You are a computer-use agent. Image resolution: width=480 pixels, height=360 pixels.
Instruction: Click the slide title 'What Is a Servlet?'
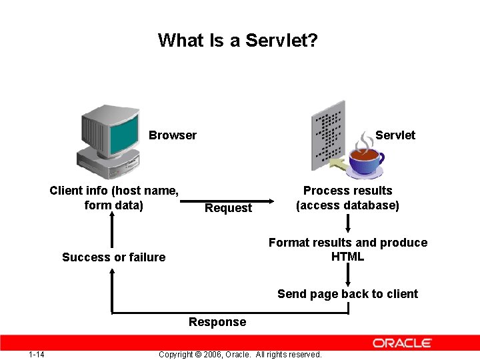click(x=238, y=41)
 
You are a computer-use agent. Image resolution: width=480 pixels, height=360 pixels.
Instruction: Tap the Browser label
click(x=173, y=135)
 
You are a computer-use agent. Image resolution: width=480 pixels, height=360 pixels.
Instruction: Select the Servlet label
click(x=395, y=135)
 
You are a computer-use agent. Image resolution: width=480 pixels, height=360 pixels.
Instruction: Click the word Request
click(x=228, y=208)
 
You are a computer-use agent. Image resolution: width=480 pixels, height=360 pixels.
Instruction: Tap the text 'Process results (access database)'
click(x=347, y=198)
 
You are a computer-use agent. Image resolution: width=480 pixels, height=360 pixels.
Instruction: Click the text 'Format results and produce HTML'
click(x=347, y=249)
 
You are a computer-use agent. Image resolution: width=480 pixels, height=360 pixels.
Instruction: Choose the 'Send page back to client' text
click(x=347, y=294)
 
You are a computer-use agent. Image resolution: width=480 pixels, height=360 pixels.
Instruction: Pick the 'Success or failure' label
click(x=113, y=257)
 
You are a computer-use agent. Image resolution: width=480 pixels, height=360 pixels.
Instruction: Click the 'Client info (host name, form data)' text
click(x=114, y=198)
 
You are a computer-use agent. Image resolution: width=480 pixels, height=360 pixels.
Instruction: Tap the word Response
click(x=217, y=322)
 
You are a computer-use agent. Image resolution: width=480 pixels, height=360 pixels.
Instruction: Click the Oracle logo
click(x=402, y=343)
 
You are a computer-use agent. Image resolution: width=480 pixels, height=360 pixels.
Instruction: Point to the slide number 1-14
click(x=37, y=354)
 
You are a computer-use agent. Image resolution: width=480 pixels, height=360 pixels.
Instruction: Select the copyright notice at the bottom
click(x=240, y=354)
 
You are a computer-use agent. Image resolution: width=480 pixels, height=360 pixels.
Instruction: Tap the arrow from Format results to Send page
click(x=347, y=274)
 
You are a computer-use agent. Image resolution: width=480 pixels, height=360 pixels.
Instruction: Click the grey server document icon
click(x=328, y=133)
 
